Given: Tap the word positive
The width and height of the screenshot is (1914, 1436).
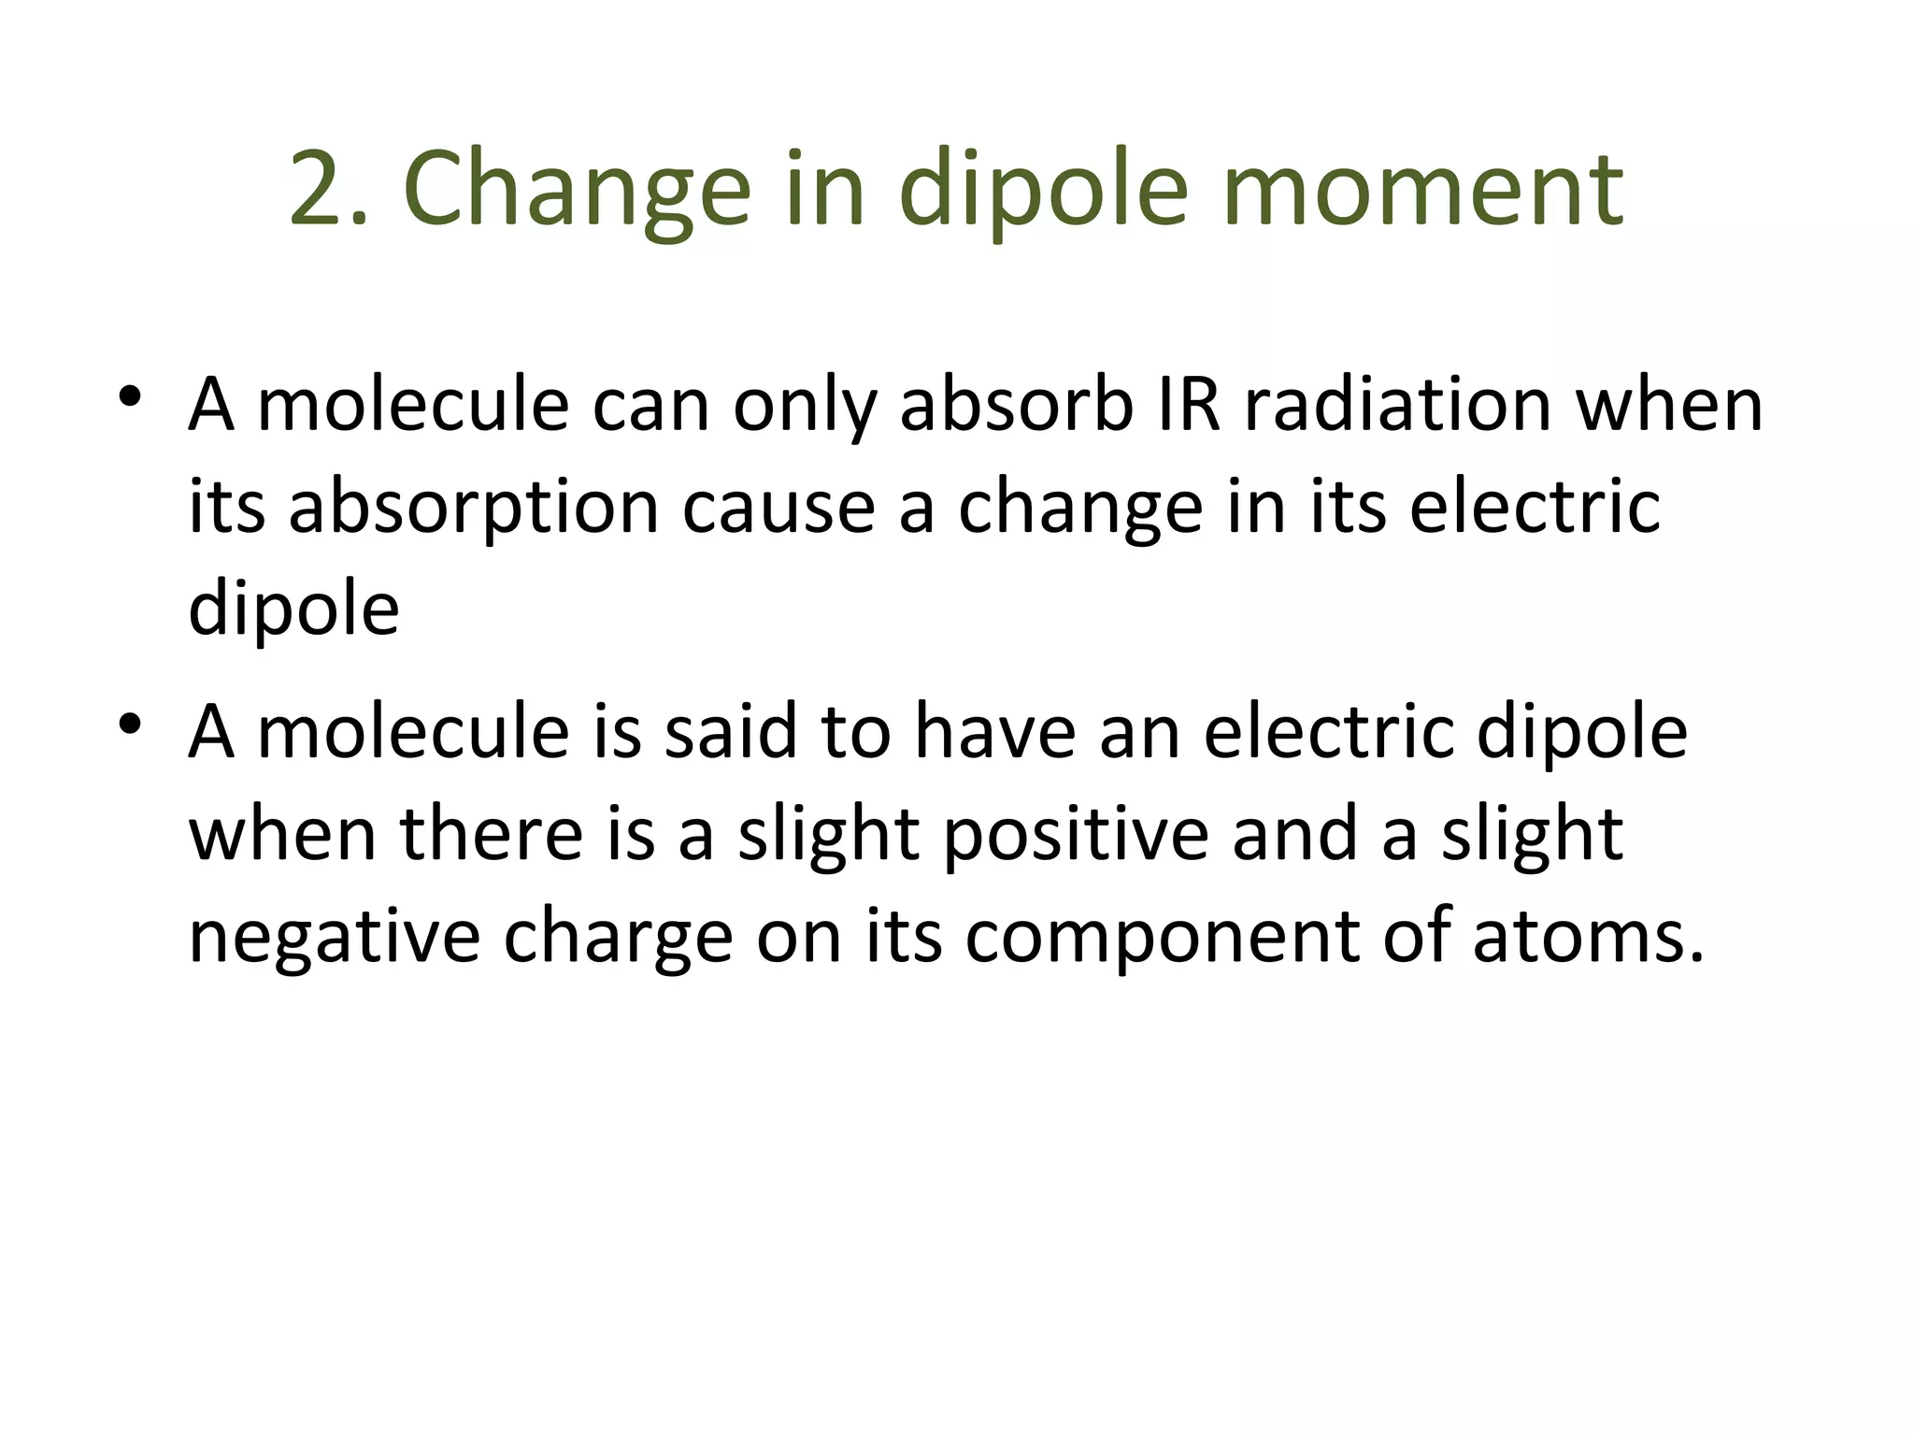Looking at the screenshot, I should [1076, 834].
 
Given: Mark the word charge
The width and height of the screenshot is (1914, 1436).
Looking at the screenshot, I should [618, 937].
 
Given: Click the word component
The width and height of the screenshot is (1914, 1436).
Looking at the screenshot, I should [1162, 937].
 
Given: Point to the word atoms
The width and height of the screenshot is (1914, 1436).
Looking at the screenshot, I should [1588, 937].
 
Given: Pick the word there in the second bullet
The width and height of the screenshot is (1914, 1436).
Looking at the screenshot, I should [492, 834].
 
